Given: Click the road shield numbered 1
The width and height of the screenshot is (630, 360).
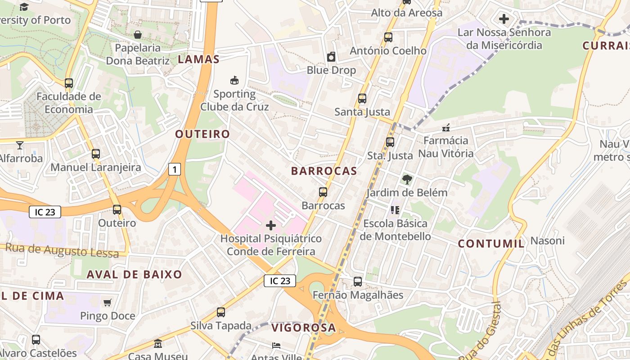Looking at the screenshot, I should pyautogui.click(x=175, y=169).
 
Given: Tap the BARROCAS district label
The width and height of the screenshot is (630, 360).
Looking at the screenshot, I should pyautogui.click(x=324, y=171).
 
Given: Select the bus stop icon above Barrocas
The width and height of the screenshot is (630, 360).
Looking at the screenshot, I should pyautogui.click(x=323, y=192).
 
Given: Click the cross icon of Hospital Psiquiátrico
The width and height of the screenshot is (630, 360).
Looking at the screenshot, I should pyautogui.click(x=271, y=225).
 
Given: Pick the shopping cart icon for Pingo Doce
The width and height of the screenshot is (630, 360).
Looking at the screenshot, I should pyautogui.click(x=107, y=302).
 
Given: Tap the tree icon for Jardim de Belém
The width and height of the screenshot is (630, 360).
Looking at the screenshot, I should pyautogui.click(x=407, y=180).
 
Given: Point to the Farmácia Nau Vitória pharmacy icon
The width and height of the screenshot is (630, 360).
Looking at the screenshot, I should pyautogui.click(x=446, y=128).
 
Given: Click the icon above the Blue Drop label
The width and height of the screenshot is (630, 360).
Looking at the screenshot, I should pyautogui.click(x=331, y=57).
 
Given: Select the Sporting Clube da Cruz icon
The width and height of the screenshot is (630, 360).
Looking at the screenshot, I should pyautogui.click(x=234, y=81).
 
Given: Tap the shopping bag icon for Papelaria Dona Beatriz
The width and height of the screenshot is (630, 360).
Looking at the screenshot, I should pyautogui.click(x=138, y=35).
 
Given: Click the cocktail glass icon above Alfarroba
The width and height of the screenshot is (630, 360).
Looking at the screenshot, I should pyautogui.click(x=20, y=145).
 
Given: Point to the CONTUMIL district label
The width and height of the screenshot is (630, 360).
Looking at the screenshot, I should pyautogui.click(x=491, y=244).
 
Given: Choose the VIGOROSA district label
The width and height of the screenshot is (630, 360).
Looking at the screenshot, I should pyautogui.click(x=304, y=328).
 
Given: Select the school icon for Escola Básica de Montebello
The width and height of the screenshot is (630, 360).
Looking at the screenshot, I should pyautogui.click(x=395, y=210).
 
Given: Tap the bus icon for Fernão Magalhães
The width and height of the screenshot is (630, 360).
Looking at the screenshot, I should pyautogui.click(x=358, y=282).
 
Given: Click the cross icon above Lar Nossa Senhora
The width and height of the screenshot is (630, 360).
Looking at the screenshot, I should pyautogui.click(x=504, y=19).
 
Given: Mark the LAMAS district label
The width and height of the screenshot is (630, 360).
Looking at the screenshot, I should pyautogui.click(x=199, y=59).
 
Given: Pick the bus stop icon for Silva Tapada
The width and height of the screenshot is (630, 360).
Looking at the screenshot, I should pyautogui.click(x=220, y=312).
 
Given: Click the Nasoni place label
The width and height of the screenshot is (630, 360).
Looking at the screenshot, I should pyautogui.click(x=547, y=241).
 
